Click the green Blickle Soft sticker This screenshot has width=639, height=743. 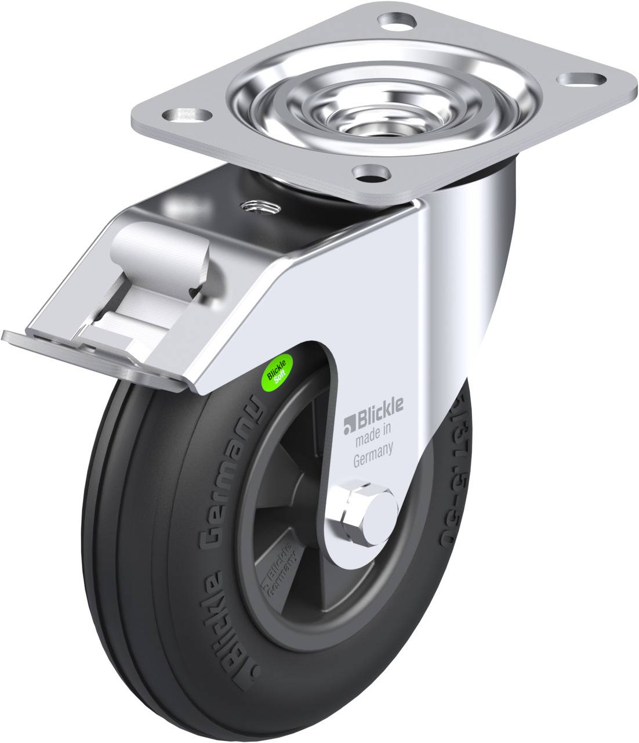tap(278, 370)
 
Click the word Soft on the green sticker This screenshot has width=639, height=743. tap(282, 375)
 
